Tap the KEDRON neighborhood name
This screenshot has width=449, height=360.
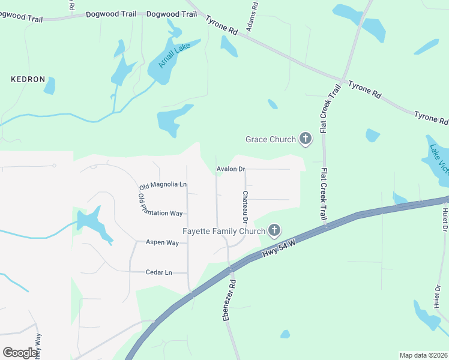[x=28, y=79]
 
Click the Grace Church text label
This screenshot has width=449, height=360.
[x=271, y=140]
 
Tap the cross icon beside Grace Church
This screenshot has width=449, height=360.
[x=306, y=140]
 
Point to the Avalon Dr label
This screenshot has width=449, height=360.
[x=232, y=169]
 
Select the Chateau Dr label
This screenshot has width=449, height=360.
[x=246, y=205]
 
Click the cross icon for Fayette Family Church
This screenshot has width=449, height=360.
[x=274, y=230]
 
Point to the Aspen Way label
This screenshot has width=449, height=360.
[x=163, y=242]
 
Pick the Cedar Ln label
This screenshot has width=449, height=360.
[x=158, y=272]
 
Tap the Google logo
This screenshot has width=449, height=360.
[x=20, y=352]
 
